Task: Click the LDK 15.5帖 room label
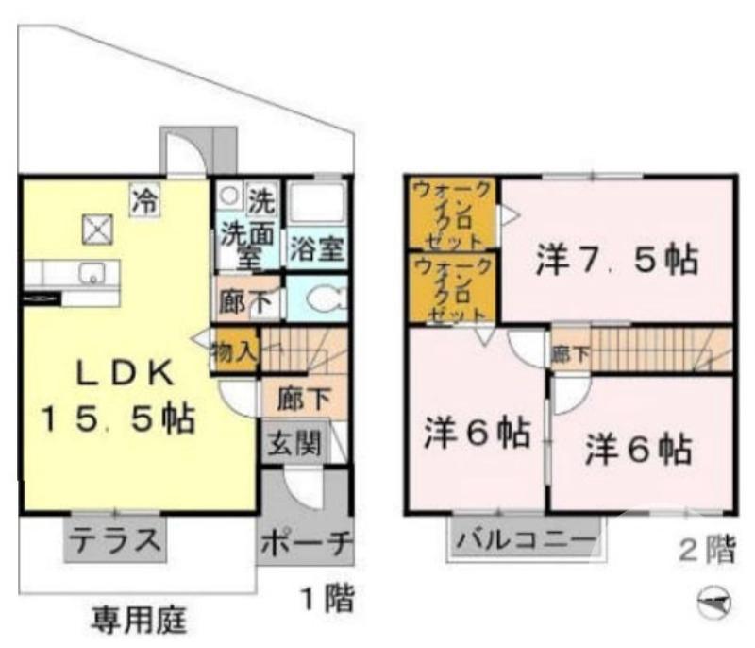[x=117, y=397]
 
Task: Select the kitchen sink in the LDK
[x=92, y=275]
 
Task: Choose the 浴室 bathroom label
[x=316, y=250]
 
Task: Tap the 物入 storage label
[x=233, y=352]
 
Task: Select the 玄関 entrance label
[x=294, y=442]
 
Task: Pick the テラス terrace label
[x=116, y=541]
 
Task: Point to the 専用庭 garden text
[x=139, y=620]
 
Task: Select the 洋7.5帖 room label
[x=617, y=260]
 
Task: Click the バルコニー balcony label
[x=527, y=542]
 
